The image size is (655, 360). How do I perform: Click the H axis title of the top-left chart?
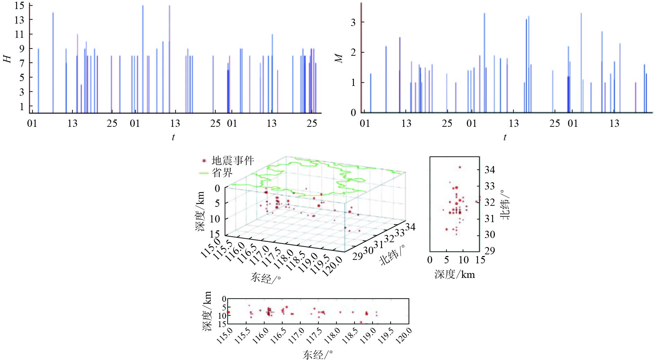click(x=7, y=59)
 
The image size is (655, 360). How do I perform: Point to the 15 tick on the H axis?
click(x=20, y=6)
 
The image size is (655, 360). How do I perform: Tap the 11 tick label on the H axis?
click(x=20, y=34)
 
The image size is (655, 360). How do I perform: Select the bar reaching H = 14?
click(x=53, y=62)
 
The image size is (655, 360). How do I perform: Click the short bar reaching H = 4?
click(x=81, y=99)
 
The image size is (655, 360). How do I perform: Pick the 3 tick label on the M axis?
click(x=353, y=23)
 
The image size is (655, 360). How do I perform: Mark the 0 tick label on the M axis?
click(x=353, y=113)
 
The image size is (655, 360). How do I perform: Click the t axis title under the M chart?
click(x=505, y=137)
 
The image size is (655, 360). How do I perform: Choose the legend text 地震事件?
click(x=233, y=161)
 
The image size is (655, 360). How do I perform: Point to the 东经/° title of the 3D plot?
click(x=265, y=278)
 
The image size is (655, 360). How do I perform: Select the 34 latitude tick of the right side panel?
click(x=490, y=170)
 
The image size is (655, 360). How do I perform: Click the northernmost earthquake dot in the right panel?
click(x=460, y=167)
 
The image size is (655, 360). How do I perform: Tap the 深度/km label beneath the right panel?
click(x=455, y=275)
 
